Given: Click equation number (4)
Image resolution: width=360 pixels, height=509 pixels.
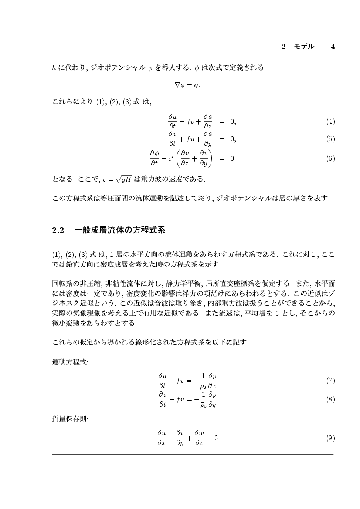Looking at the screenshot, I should pos(330,121).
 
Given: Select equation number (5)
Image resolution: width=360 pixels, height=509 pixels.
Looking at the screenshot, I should pos(330,139).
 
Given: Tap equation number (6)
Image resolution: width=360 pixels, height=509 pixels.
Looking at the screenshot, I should pos(330,158).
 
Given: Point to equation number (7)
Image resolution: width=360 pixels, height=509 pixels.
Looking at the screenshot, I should pos(330,381).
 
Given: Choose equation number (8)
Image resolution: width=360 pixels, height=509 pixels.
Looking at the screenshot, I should pos(330,399).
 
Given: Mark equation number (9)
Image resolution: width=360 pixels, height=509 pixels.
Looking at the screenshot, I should pos(330,438).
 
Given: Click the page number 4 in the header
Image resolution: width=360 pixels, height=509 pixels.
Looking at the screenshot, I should pos(333,47).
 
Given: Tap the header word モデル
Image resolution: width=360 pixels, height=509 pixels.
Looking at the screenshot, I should pos(304,47).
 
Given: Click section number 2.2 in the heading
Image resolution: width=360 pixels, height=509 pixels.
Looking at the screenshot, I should pos(58,230).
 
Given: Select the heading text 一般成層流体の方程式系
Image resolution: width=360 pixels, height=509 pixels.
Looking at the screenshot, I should pos(120,230).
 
